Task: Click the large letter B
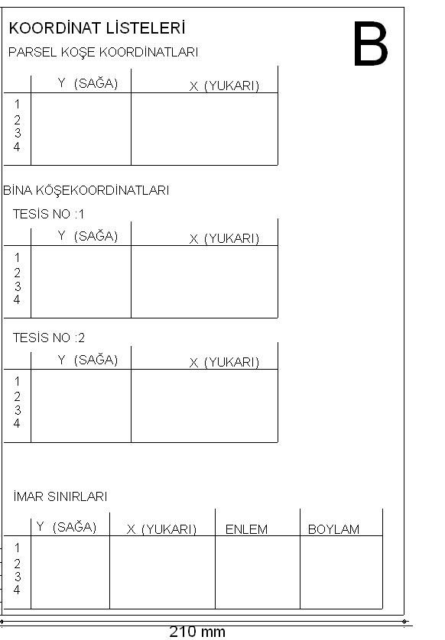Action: coord(370,44)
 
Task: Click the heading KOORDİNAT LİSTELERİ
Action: coord(97,28)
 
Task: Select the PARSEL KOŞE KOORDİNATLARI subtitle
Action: coord(103,52)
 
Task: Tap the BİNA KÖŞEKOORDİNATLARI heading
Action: coord(86,190)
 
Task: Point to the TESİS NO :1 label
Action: coord(49,214)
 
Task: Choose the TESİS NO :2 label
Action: coord(49,338)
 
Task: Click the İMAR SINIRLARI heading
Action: coord(60,496)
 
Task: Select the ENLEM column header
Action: coord(246,529)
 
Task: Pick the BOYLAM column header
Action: coord(333,529)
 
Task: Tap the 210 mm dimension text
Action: coord(197,632)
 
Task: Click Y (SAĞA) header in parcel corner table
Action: coord(88,83)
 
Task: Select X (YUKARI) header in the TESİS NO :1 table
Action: coord(224,238)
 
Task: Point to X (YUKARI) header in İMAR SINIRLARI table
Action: coord(162,529)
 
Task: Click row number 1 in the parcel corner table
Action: coord(17,105)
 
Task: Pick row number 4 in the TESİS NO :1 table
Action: coord(17,299)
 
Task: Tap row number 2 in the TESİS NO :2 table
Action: coord(17,396)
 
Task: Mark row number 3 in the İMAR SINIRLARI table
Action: coord(17,577)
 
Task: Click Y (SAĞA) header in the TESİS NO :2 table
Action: coord(88,360)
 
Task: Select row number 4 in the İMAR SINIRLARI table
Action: coord(17,590)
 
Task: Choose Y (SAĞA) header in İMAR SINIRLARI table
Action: coord(67,526)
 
